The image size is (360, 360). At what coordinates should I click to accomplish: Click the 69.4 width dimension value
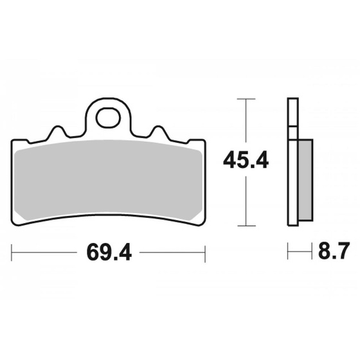(x=109, y=253)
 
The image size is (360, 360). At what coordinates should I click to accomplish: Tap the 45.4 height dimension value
(x=246, y=161)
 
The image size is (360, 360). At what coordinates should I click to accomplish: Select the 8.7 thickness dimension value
(x=334, y=250)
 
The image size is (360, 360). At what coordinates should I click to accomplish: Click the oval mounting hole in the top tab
(x=109, y=118)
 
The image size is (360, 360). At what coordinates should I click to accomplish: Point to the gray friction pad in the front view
(x=108, y=180)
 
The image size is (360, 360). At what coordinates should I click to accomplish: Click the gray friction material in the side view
(x=305, y=180)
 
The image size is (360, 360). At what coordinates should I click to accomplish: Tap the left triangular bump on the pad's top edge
(x=57, y=132)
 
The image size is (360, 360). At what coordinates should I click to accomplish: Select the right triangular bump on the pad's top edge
(x=157, y=132)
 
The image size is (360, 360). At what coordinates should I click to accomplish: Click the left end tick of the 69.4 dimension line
(x=12, y=253)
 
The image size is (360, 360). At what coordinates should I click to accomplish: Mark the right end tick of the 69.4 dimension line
(x=205, y=253)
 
